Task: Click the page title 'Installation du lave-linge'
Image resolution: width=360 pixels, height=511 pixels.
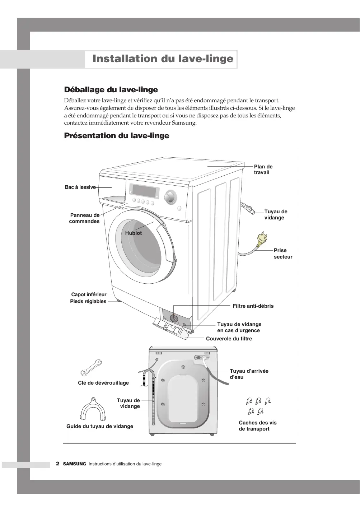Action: (163, 59)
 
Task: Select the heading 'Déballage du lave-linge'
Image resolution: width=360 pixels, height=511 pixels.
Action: (111, 89)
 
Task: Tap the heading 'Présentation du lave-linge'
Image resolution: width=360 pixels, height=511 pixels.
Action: (117, 136)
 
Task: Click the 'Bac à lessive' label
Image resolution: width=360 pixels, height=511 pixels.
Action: (80, 187)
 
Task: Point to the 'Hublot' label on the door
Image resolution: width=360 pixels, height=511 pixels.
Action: (134, 233)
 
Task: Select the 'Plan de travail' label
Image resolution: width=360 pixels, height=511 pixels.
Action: (263, 169)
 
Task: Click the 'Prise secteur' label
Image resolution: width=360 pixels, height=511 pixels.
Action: (283, 254)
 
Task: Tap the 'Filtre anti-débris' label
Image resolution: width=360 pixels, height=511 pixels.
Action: (253, 306)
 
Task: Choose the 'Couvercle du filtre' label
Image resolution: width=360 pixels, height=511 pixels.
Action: (229, 339)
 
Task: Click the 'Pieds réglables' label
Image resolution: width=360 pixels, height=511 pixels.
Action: (88, 301)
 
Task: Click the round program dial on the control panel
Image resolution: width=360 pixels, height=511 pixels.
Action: (170, 197)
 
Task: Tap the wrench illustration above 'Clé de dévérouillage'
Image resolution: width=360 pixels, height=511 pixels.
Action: (91, 367)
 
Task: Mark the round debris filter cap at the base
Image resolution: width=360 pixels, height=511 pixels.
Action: (173, 318)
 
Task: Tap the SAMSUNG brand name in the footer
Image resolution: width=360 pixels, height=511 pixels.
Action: (75, 464)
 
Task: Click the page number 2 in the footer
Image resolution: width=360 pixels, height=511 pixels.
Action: (57, 464)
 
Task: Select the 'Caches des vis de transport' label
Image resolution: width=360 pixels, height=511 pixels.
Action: (258, 426)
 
